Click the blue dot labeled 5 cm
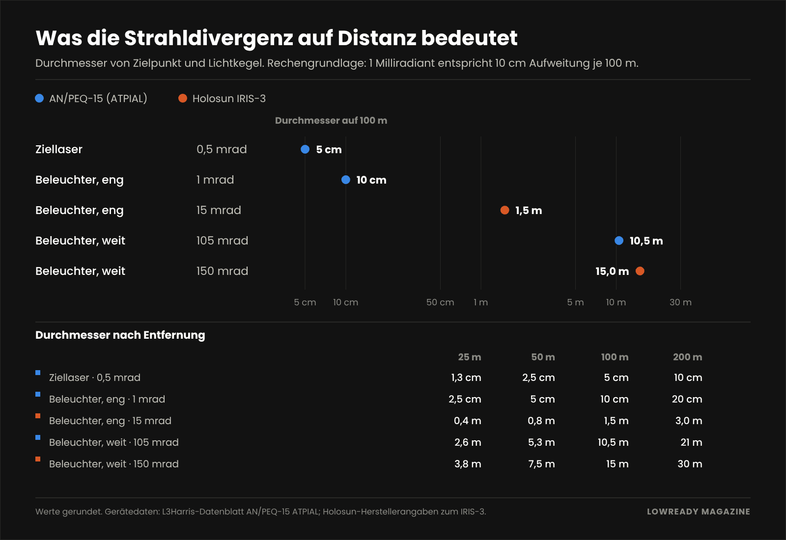(x=305, y=149)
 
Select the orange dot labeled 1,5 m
(x=505, y=210)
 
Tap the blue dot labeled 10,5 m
(x=619, y=241)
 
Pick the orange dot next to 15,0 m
(x=640, y=271)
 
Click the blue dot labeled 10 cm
(x=346, y=180)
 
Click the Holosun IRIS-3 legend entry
(x=222, y=99)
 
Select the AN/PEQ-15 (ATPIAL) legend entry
(x=91, y=99)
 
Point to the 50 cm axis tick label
(x=440, y=302)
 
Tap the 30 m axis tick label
(x=680, y=302)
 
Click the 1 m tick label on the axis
(x=481, y=302)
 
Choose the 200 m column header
(x=687, y=357)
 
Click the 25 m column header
(x=470, y=357)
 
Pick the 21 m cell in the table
(x=691, y=442)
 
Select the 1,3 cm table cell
(x=466, y=378)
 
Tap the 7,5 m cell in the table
(x=541, y=464)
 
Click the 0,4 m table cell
(x=467, y=420)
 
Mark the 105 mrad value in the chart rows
(x=222, y=241)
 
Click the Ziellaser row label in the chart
(x=59, y=149)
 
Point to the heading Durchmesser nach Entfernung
(x=120, y=335)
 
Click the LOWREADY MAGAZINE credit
(x=699, y=512)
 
